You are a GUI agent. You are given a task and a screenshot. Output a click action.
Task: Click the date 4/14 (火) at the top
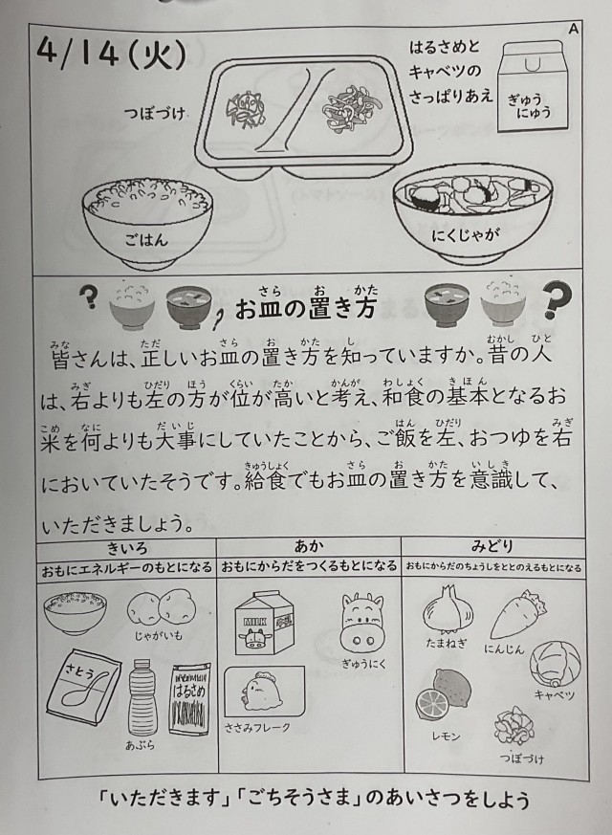pyautogui.click(x=112, y=55)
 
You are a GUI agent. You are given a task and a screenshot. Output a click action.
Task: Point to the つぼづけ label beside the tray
pyautogui.click(x=155, y=113)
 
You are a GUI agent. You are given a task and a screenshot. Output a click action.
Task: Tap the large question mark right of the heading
pyautogui.click(x=557, y=299)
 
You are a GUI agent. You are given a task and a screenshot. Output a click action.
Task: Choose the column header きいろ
pyautogui.click(x=126, y=547)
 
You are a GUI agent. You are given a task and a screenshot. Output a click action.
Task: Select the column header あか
pyautogui.click(x=309, y=546)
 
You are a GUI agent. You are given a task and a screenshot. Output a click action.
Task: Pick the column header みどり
pyautogui.click(x=492, y=546)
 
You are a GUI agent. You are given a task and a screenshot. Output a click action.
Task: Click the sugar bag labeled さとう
pyautogui.click(x=84, y=689)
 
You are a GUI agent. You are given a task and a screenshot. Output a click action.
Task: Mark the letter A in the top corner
pyautogui.click(x=573, y=30)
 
